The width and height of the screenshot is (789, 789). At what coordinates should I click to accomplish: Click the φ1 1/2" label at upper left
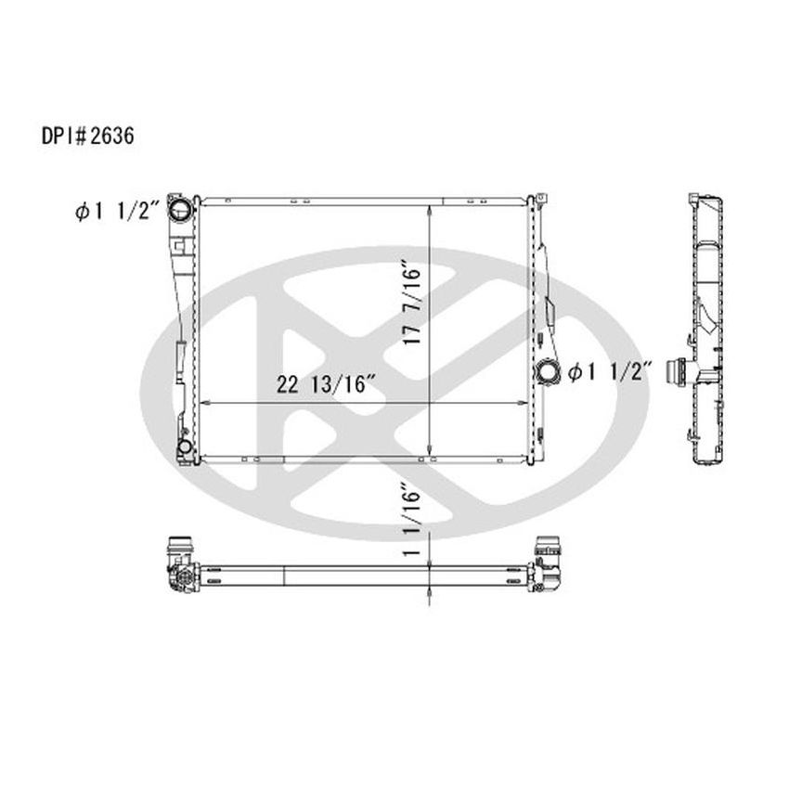(117, 212)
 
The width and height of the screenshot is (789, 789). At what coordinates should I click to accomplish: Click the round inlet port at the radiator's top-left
(183, 209)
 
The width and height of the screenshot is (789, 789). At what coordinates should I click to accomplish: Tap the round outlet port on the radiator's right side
(548, 373)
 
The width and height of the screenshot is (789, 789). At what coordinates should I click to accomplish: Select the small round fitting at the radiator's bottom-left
(185, 450)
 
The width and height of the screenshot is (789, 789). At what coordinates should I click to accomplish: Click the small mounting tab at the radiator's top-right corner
(537, 198)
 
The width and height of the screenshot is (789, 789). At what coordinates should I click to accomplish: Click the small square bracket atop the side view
(692, 199)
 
